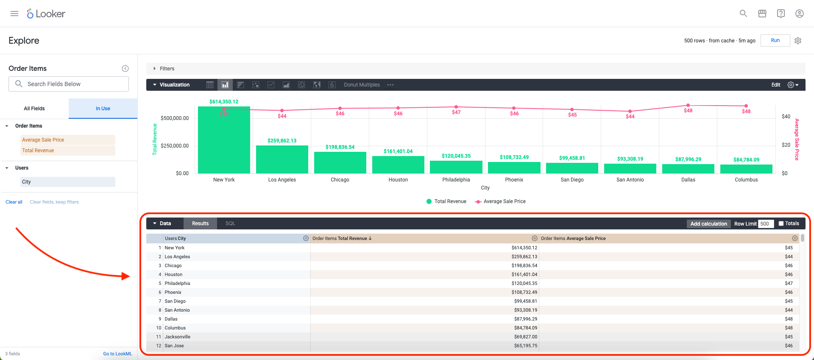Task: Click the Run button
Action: coord(775,40)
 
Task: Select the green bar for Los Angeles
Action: coord(282,159)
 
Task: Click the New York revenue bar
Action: coord(224,140)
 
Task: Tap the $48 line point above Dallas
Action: coord(688,105)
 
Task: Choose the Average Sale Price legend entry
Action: coord(500,201)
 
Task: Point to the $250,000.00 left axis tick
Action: coord(175,145)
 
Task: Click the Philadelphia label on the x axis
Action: coord(456,180)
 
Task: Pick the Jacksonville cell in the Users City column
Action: coord(178,337)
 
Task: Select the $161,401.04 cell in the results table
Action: coord(524,274)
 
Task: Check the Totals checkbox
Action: coord(781,223)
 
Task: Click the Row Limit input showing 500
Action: coord(766,224)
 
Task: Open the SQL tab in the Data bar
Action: coord(230,223)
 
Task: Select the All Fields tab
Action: coord(34,109)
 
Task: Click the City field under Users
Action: coord(68,182)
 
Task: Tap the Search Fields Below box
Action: coord(69,84)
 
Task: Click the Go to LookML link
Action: coord(117,354)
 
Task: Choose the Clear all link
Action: coord(14,202)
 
